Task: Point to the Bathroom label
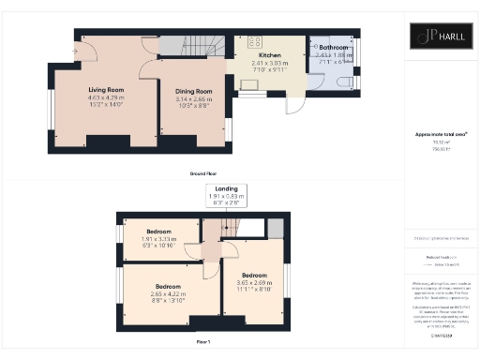333,46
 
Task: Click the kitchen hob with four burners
253,41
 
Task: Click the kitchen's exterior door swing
293,106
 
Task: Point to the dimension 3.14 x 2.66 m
190,98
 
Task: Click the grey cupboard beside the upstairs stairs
275,228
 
